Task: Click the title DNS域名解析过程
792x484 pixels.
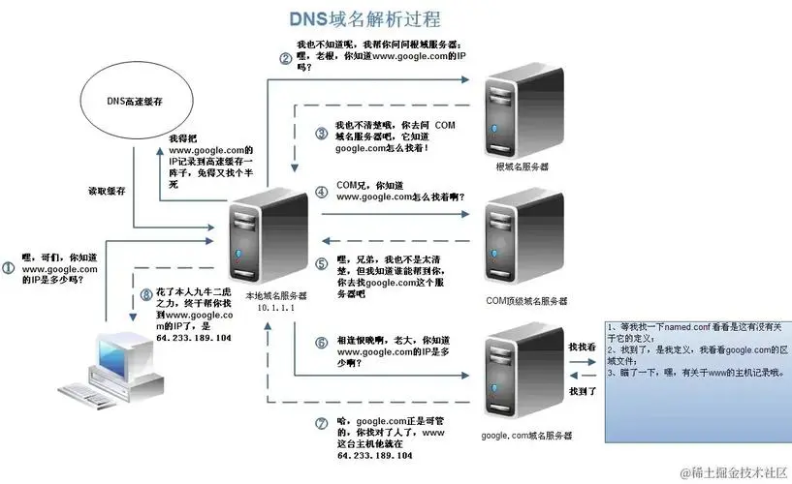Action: pyautogui.click(x=365, y=18)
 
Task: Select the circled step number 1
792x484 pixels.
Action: pyautogui.click(x=9, y=265)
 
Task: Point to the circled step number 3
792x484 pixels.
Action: pyautogui.click(x=322, y=134)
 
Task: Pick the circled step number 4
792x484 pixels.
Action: pyautogui.click(x=322, y=191)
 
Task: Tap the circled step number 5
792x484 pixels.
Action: pyautogui.click(x=322, y=263)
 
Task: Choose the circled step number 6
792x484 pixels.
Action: pyautogui.click(x=322, y=343)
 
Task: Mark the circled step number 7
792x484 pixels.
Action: pyautogui.click(x=322, y=423)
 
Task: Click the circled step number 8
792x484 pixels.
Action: pyautogui.click(x=147, y=293)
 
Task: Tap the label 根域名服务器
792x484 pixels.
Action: pyautogui.click(x=522, y=166)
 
